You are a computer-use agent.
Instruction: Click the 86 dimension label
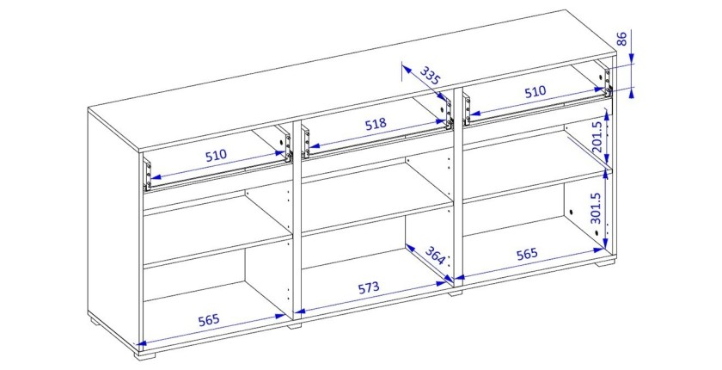point(621,40)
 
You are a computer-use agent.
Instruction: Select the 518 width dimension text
point(376,125)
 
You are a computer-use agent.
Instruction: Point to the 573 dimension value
point(369,288)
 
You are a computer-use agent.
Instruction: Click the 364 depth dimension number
point(435,256)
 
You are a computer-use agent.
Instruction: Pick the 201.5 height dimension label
point(597,138)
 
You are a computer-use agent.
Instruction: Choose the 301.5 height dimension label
point(596,208)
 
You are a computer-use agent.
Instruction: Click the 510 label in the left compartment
point(216,155)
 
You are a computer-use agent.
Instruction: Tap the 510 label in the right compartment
point(535,92)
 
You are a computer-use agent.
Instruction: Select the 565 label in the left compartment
point(209,320)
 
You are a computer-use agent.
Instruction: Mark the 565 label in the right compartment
point(527,254)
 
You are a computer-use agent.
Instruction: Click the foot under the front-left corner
point(146,355)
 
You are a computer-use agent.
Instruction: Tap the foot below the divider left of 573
point(295,326)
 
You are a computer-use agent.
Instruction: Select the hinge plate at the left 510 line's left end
point(147,175)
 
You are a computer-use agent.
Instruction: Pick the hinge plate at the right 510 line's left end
point(468,111)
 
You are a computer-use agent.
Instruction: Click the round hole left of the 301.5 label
point(571,213)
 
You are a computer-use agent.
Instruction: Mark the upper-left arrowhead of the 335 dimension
point(406,69)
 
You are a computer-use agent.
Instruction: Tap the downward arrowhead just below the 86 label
point(631,58)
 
